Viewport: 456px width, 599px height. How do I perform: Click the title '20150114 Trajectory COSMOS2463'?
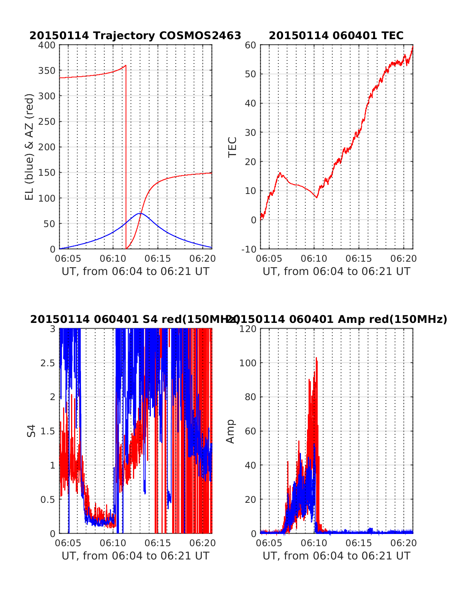click(x=135, y=36)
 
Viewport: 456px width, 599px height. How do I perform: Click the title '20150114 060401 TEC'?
click(x=336, y=36)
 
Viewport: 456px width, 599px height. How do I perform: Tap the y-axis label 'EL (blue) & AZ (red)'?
click(x=30, y=147)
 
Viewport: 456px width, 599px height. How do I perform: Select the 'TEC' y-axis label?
click(x=232, y=147)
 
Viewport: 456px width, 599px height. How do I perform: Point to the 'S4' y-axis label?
click(x=32, y=431)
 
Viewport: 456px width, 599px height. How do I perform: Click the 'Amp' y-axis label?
click(x=230, y=431)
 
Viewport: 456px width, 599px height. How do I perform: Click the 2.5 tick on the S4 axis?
click(x=47, y=363)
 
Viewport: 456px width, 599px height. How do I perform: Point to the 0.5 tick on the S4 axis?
click(x=47, y=499)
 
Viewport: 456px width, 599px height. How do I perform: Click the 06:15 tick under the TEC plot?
click(x=359, y=259)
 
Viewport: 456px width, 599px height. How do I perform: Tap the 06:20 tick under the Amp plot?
click(x=404, y=543)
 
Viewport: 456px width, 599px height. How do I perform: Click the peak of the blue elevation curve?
click(x=140, y=213)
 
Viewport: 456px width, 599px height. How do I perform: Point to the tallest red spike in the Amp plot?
click(x=316, y=358)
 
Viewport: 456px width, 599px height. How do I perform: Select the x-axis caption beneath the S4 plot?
click(x=135, y=556)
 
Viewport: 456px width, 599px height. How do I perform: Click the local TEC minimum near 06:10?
click(x=317, y=197)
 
